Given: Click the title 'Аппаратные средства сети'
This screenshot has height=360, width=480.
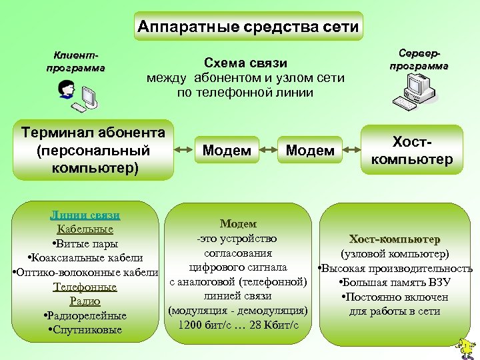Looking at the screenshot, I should click(248, 27).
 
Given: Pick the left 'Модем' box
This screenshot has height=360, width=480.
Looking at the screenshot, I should click(227, 151).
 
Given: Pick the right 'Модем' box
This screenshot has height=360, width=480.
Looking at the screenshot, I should click(309, 151).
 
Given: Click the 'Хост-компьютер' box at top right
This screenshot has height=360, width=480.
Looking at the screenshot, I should click(412, 151).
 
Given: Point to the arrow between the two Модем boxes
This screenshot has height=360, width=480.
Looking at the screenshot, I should click(268, 151).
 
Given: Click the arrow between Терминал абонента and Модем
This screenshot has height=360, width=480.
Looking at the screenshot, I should click(183, 151).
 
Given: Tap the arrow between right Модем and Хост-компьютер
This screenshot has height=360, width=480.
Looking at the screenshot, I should click(351, 151).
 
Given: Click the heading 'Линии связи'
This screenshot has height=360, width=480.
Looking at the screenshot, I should click(85, 215).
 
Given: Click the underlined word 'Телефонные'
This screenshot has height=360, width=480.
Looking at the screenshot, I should click(85, 287).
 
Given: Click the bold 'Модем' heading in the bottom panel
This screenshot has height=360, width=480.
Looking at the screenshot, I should click(238, 224).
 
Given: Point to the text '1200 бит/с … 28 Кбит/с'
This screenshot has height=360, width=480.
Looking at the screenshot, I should click(238, 325).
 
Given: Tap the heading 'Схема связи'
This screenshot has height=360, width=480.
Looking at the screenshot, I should click(245, 63).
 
